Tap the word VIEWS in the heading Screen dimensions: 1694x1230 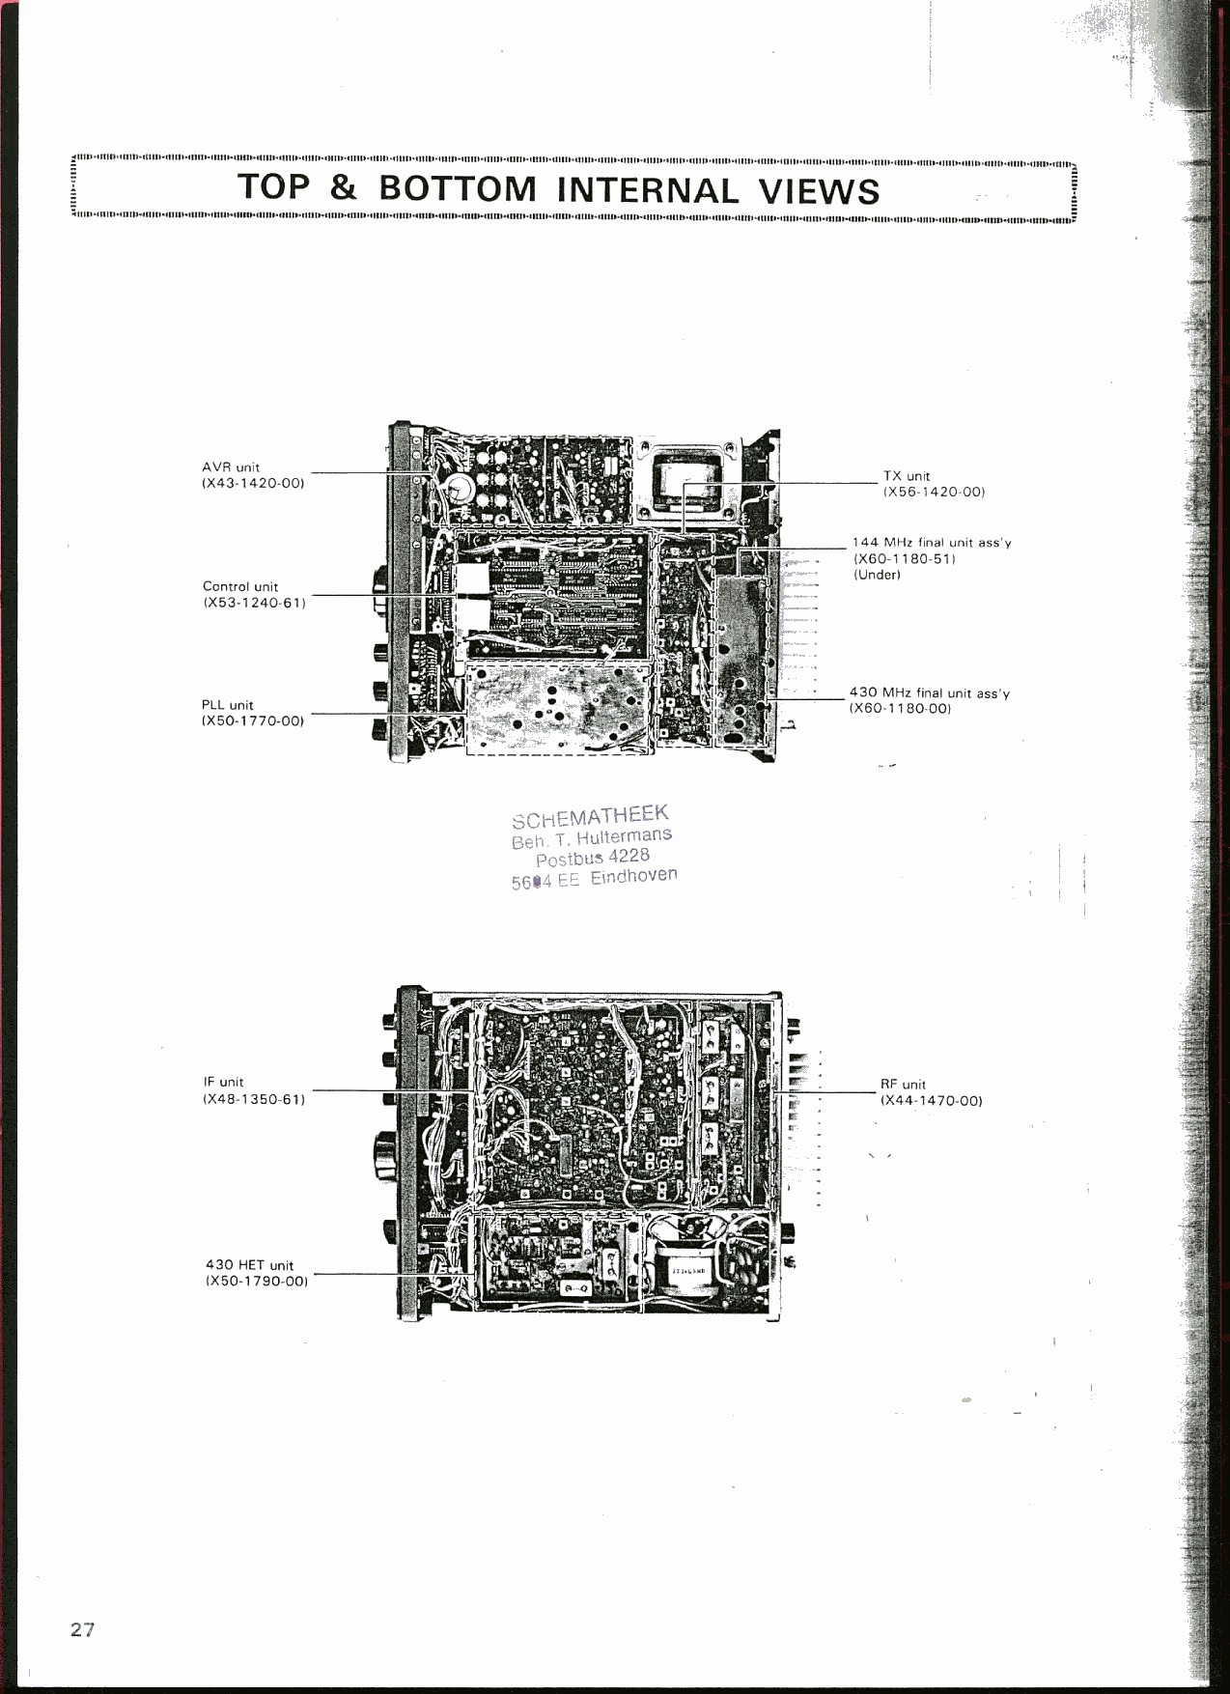819,190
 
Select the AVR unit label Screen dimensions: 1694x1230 231,467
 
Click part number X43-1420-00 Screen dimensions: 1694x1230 253,483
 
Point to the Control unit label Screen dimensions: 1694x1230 240,586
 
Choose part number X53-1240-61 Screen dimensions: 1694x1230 254,603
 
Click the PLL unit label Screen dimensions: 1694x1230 228,705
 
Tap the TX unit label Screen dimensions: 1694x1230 907,476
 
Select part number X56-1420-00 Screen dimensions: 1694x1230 934,492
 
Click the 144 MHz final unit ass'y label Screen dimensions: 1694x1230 932,543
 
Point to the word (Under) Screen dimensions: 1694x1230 877,575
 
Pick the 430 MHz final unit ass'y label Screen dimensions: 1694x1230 929,692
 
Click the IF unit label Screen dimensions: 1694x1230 224,1083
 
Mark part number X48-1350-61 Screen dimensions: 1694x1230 254,1099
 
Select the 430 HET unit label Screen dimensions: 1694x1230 249,1265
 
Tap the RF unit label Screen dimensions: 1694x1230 903,1085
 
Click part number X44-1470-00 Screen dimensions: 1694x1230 931,1101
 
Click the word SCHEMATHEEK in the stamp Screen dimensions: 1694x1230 590,816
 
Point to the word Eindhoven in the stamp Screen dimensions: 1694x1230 633,876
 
